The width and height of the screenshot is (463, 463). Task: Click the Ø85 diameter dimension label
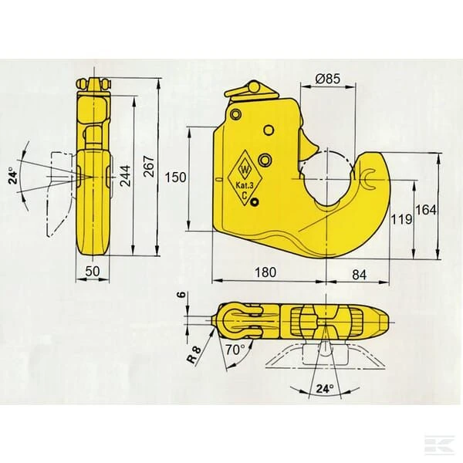tap(327, 79)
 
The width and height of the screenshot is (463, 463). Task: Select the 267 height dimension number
tap(149, 166)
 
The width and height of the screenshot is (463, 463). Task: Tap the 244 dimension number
tap(125, 175)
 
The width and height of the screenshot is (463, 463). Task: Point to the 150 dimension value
tap(175, 177)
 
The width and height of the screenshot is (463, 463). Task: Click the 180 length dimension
tap(265, 272)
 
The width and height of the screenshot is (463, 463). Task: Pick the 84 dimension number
tap(360, 275)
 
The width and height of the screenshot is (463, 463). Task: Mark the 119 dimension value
tap(401, 219)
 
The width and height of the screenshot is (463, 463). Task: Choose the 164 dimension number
tap(426, 210)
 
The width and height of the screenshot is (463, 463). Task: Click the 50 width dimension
tap(93, 271)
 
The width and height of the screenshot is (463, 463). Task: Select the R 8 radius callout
tap(194, 354)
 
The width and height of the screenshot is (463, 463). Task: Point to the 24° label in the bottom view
tap(325, 389)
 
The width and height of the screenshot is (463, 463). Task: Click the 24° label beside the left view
tap(13, 175)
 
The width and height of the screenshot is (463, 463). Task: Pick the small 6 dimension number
tap(182, 294)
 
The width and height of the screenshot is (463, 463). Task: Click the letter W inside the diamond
tap(245, 170)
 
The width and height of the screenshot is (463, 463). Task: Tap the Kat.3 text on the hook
tap(245, 185)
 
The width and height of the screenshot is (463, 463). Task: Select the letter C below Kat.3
tap(244, 194)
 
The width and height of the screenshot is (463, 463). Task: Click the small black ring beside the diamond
tap(254, 202)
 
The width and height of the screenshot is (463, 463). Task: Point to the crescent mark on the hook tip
tap(368, 179)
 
